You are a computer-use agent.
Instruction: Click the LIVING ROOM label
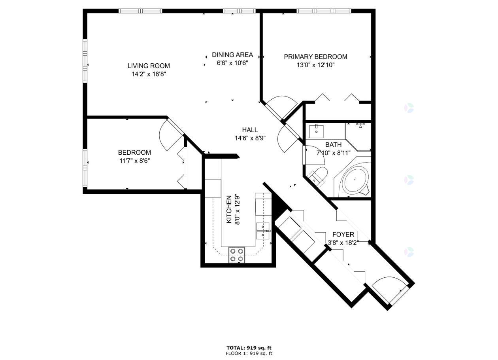coord(149,66)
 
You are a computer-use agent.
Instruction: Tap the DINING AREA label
coord(232,55)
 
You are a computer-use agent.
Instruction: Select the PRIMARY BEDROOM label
coord(315,57)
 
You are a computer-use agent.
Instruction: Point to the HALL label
coord(250,130)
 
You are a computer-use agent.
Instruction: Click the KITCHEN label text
coord(229,209)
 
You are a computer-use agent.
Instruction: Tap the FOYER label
coord(343,234)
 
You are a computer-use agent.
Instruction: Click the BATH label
coord(333,145)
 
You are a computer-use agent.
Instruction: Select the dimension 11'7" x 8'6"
coord(134,161)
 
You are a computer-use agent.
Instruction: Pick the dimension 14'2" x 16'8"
coord(149,74)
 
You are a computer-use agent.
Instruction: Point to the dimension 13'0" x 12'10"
coord(315,65)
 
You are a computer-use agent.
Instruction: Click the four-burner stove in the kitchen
coord(236,255)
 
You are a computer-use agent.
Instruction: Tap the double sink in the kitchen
coord(263,231)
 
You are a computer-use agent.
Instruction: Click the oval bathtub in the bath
coord(355,179)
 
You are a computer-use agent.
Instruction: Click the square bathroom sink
coord(316,131)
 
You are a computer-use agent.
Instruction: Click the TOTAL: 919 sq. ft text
coord(249,348)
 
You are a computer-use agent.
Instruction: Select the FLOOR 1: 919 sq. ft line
coord(249,353)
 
